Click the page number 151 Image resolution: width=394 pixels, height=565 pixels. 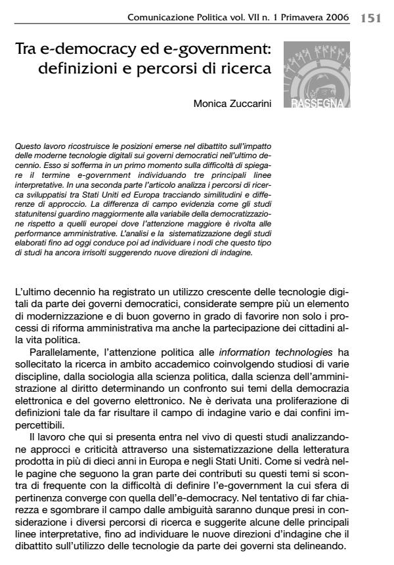click(x=371, y=18)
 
